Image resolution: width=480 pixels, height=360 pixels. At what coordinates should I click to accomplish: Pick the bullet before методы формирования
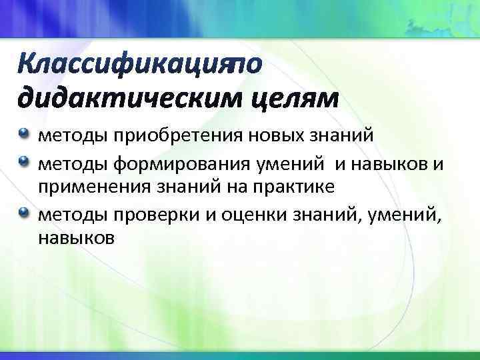tap(24, 161)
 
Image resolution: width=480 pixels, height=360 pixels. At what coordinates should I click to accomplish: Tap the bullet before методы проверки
tap(24, 212)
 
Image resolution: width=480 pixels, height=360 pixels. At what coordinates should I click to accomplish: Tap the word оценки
tap(248, 214)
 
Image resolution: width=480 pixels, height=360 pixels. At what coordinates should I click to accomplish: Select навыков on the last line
tap(77, 239)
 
